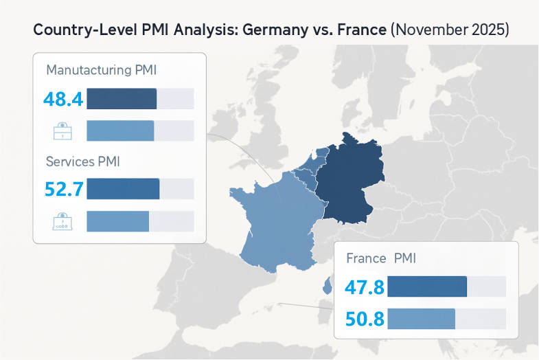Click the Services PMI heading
click(83, 162)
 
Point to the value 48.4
click(62, 100)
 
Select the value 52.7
click(63, 189)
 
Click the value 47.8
click(365, 287)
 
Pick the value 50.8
click(365, 319)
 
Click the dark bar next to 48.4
click(122, 99)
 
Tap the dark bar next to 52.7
click(123, 189)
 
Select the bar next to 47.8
click(427, 286)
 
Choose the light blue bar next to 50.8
click(421, 319)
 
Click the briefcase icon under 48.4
click(62, 131)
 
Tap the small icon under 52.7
click(62, 221)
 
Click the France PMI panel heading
click(381, 258)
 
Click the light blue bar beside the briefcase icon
click(120, 131)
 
